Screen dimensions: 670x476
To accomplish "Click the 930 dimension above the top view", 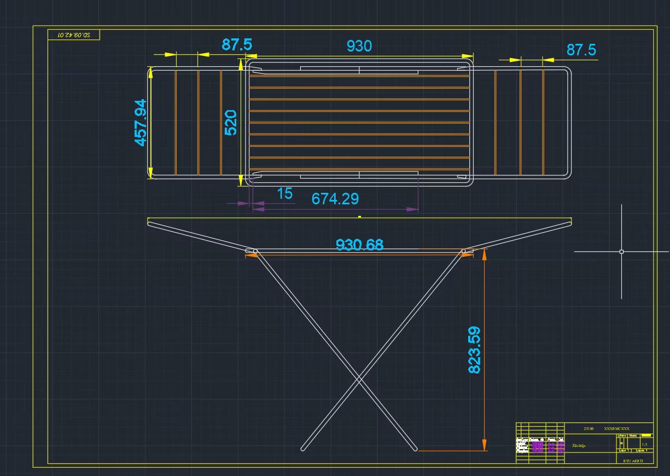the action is click(359, 46).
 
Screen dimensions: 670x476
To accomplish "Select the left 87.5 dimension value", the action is click(237, 45).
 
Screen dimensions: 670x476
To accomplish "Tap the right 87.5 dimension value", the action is click(581, 50).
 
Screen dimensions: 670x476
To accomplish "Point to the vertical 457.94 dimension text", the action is click(141, 122).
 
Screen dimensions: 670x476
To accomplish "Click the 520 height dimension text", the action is click(231, 123).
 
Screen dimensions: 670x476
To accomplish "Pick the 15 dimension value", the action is click(285, 193).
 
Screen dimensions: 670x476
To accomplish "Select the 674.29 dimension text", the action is click(335, 198).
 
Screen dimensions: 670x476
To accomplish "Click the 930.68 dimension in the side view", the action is click(359, 245).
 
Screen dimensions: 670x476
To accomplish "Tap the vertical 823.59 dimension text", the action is click(474, 350).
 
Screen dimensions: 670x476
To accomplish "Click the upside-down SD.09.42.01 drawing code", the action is click(74, 35).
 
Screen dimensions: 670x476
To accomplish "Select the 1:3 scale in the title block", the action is click(644, 444).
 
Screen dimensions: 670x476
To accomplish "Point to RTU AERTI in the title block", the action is click(634, 461).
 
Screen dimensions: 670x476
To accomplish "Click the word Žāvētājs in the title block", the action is click(579, 446).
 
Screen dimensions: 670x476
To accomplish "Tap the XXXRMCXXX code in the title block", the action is click(616, 428).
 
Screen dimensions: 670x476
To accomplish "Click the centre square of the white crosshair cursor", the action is click(621, 252).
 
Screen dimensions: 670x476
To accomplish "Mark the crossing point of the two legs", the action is click(359, 378).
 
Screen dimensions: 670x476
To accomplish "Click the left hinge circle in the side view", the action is click(255, 251).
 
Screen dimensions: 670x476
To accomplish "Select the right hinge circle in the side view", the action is click(464, 251).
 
